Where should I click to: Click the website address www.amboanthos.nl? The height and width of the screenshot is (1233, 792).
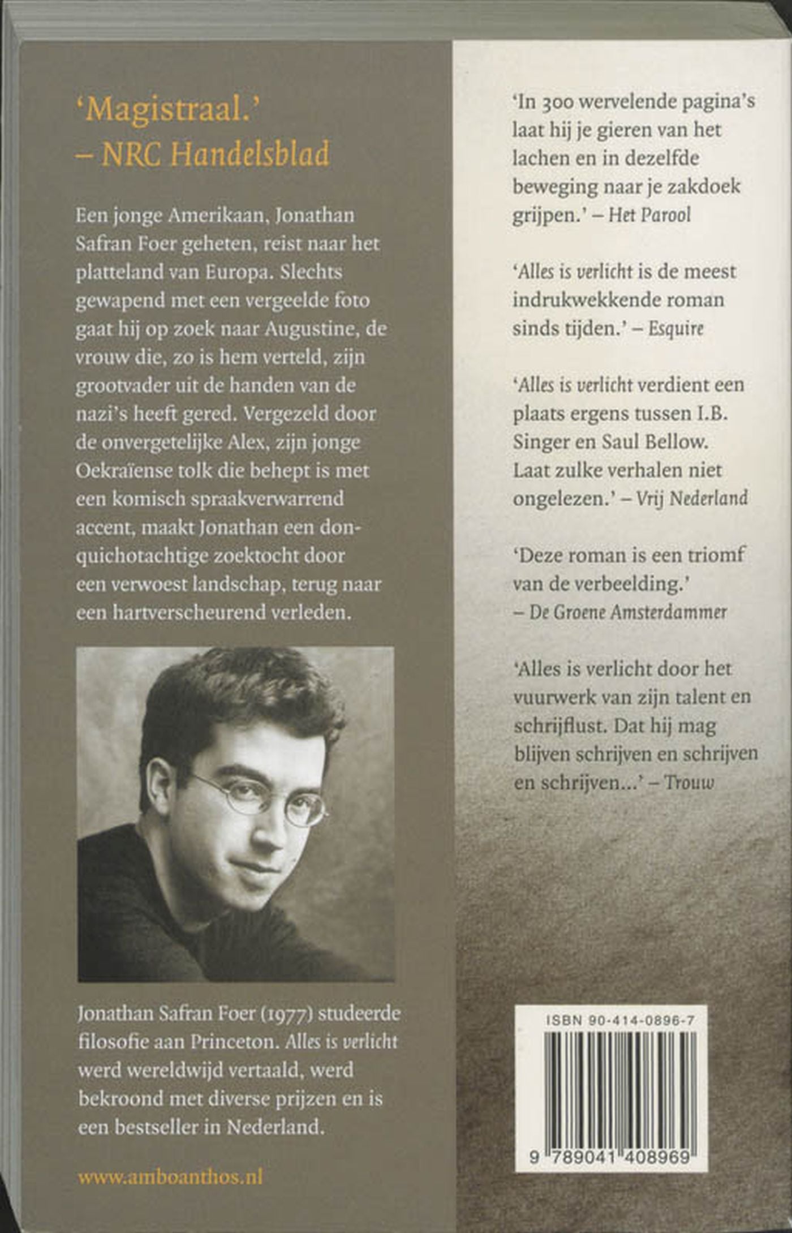click(x=170, y=1178)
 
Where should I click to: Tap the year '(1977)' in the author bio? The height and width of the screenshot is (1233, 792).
click(x=286, y=1013)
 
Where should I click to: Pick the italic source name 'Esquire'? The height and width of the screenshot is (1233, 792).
click(x=676, y=329)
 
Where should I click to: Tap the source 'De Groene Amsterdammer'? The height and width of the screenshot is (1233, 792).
click(x=627, y=612)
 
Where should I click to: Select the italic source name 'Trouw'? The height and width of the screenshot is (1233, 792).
click(x=689, y=782)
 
